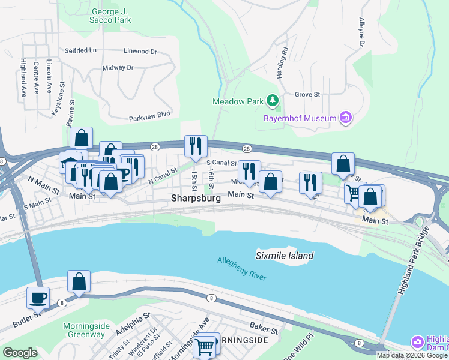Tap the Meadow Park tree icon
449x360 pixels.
(x=273, y=101)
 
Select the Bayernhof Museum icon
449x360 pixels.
(x=346, y=118)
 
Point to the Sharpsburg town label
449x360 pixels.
(x=197, y=197)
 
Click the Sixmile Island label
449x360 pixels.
(x=285, y=256)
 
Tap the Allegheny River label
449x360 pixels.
(x=242, y=268)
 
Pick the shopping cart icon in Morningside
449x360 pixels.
(x=205, y=346)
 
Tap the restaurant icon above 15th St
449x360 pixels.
(x=196, y=145)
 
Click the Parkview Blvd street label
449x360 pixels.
(x=149, y=115)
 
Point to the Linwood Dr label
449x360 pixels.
(x=140, y=52)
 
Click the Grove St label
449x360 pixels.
(x=307, y=94)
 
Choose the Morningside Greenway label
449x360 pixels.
(x=84, y=330)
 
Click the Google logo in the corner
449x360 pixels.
(x=20, y=353)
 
